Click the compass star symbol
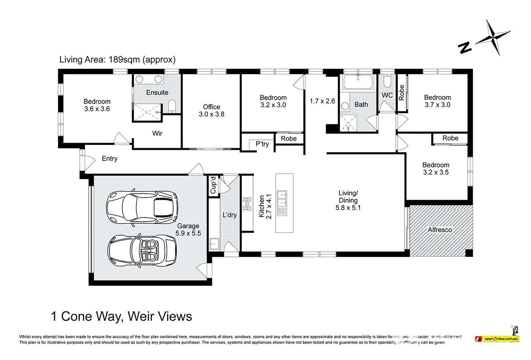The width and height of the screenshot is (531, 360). point(493,38)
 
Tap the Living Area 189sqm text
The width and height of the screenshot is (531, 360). point(117,60)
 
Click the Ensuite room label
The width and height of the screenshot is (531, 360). point(157,92)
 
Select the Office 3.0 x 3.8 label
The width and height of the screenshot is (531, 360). point(212,110)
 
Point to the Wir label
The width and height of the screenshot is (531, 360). point(157,133)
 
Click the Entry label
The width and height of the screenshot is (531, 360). point(110,159)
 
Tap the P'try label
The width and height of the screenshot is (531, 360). point(262,144)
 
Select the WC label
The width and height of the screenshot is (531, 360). point(387,95)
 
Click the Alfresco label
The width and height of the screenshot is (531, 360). point(440,230)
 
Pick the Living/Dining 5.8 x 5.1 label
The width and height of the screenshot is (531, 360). point(348,200)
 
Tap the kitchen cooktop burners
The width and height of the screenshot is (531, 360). point(247,204)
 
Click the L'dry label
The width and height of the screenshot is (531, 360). point(230,215)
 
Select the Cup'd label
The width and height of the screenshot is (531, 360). point(214,185)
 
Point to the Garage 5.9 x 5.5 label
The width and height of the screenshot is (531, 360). point(188,230)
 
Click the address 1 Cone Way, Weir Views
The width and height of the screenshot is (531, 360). point(122,316)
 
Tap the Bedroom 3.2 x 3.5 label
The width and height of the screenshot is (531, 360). point(436,169)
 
